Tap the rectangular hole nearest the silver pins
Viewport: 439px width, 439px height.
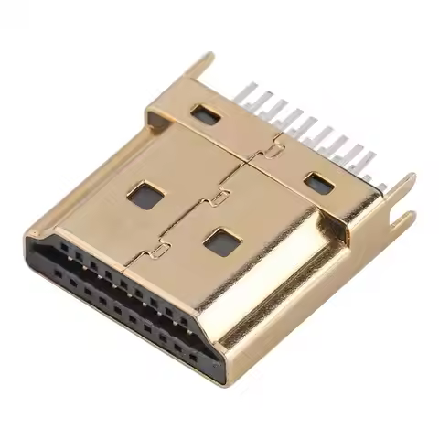tap(317, 183)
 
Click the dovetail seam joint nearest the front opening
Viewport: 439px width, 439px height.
tap(162, 247)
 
